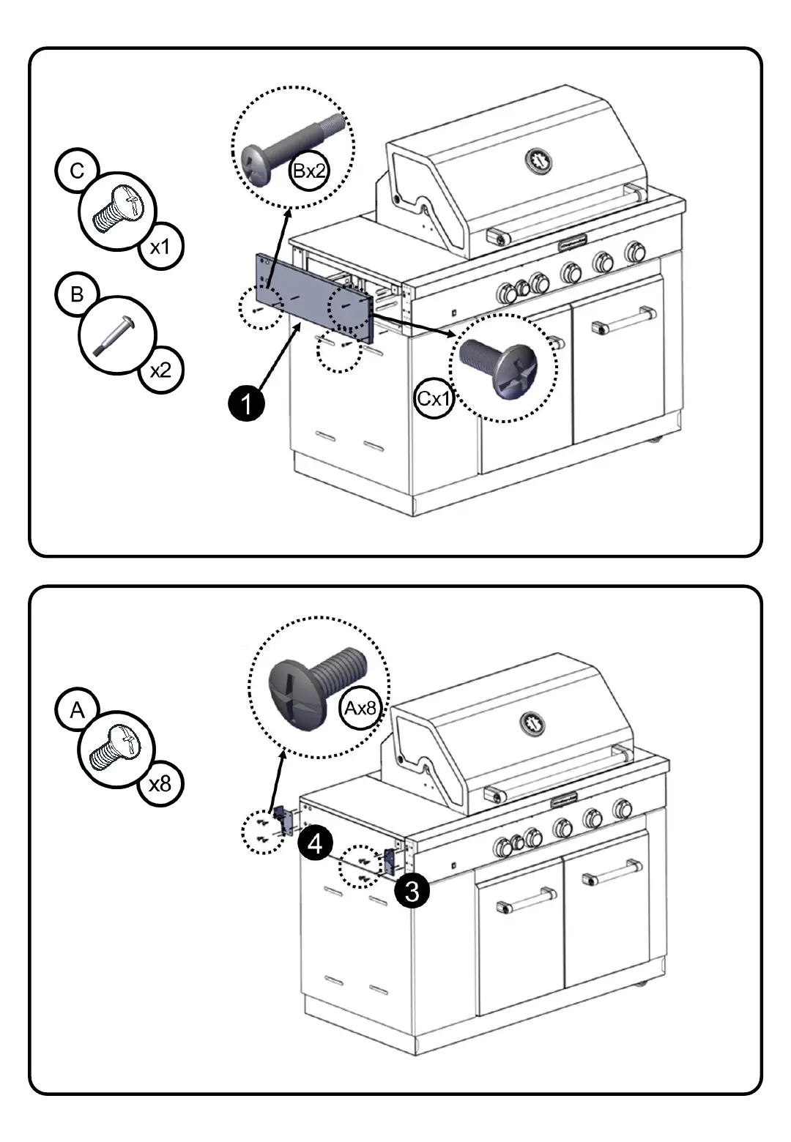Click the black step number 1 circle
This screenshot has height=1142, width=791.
247,403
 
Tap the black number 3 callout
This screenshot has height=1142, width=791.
412,891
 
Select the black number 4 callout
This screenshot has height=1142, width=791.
315,844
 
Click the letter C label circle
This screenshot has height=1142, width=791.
76,171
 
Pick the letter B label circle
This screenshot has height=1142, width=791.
76,294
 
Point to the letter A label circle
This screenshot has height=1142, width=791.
76,710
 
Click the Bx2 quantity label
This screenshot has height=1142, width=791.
309,171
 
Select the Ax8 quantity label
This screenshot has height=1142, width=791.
360,709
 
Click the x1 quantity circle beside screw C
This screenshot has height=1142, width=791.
160,247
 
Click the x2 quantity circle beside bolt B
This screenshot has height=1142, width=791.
160,370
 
